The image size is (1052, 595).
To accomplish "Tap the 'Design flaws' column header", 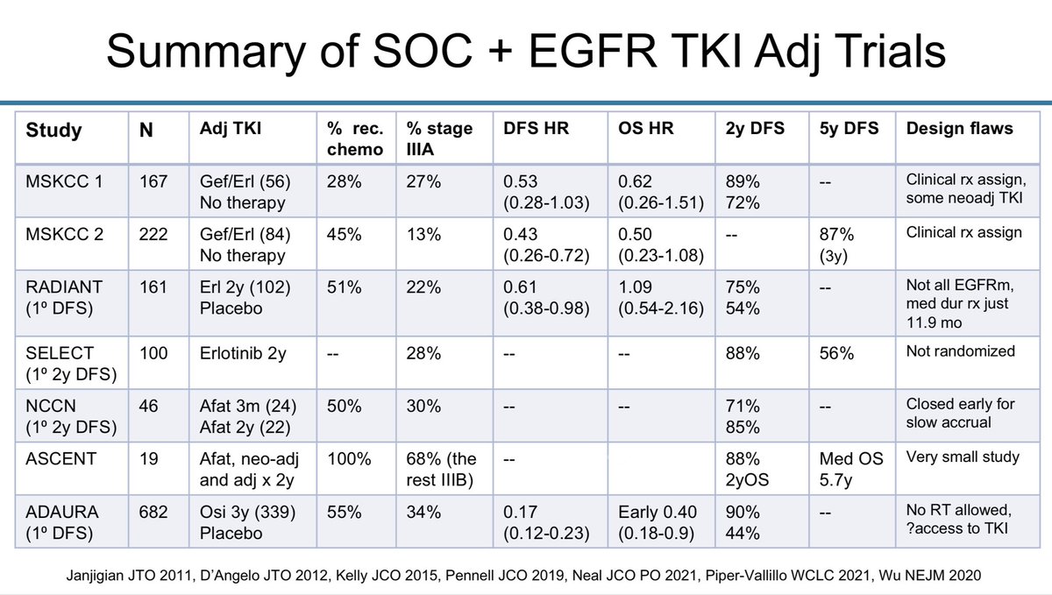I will (958, 129).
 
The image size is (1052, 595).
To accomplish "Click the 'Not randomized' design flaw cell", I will (960, 351).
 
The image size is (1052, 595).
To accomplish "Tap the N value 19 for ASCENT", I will (150, 458).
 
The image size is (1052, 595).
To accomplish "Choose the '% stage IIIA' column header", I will (440, 138).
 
